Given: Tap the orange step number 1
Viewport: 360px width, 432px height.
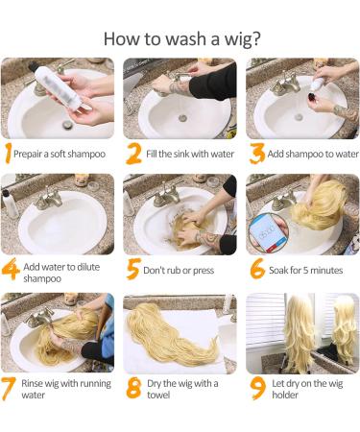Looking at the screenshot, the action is tap(8, 154).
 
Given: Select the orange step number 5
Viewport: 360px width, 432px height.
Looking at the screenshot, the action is tap(133, 269).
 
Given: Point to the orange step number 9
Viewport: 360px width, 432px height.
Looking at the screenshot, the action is tap(258, 388).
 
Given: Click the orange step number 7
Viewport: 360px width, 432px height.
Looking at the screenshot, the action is tap(8, 389).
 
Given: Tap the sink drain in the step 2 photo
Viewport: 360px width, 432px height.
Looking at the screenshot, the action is tap(182, 118).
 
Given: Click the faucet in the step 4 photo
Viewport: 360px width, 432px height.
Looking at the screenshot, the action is tap(50, 199).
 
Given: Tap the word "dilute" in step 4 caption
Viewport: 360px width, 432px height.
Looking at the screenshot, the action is tap(88, 267).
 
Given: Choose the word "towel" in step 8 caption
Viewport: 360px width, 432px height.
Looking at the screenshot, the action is tap(158, 395).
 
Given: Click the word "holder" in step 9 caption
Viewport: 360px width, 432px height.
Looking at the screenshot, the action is tap(285, 395).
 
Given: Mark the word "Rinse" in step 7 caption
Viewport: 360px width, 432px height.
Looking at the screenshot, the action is tap(32, 383).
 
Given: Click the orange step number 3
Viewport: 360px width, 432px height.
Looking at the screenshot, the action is tap(257, 154).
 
